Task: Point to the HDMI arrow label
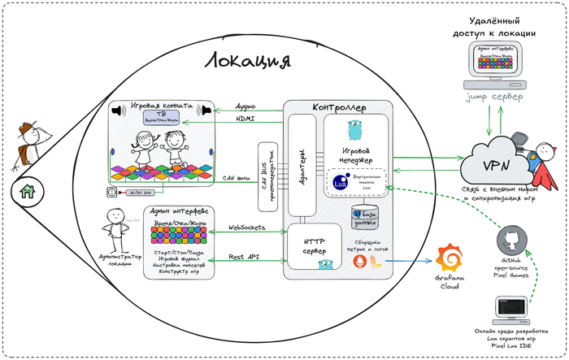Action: [245, 119]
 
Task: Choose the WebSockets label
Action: [249, 228]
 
